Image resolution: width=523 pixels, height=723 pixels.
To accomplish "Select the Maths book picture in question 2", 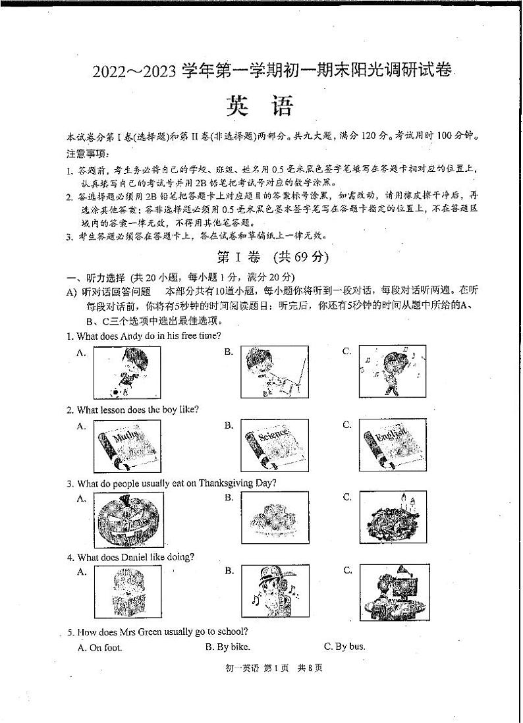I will (127, 446).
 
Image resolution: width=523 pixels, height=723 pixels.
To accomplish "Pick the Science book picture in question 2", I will (274, 446).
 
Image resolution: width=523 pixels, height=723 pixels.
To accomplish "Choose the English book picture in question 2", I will (393, 446).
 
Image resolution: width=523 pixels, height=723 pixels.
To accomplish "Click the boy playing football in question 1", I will (127, 372).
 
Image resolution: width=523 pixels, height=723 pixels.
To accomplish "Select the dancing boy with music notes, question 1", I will (393, 372).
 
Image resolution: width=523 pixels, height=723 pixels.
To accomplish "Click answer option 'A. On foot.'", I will (100, 647).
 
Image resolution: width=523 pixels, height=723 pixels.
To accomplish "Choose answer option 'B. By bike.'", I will (228, 647).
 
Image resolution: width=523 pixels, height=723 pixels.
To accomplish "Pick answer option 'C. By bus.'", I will (344, 647).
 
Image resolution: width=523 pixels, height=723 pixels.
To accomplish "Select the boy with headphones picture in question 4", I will (274, 591).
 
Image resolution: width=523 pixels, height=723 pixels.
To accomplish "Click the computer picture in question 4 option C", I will (393, 591).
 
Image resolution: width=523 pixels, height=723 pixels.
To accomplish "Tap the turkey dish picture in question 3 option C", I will (393, 518).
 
